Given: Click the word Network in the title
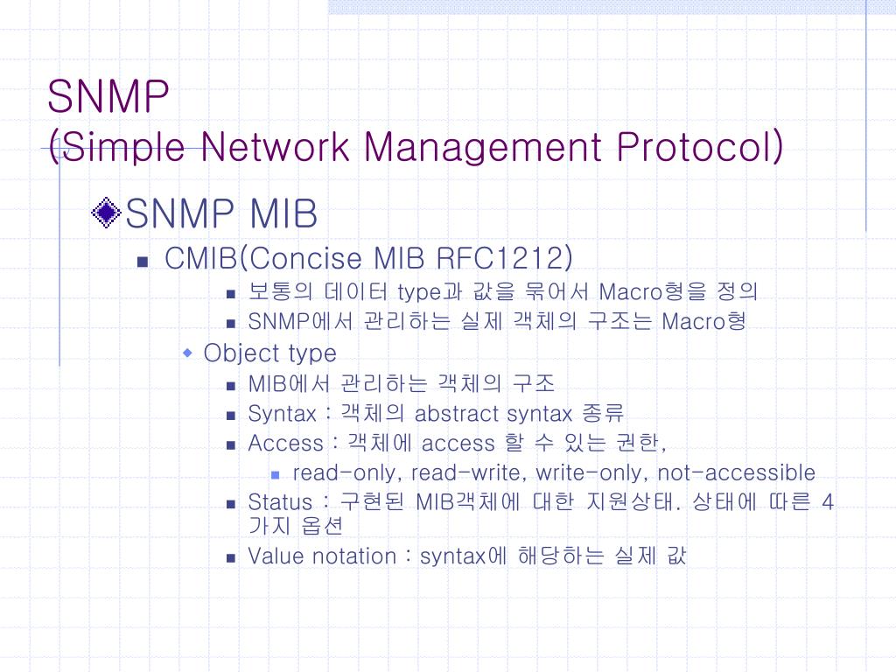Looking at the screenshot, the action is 275,147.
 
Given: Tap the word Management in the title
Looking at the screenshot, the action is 483,148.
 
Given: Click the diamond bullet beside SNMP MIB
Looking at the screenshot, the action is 106,213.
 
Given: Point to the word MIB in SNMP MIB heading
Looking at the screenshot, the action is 283,213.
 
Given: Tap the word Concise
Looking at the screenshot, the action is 305,258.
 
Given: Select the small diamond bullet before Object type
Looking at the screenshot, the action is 187,353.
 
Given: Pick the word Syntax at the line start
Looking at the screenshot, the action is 283,414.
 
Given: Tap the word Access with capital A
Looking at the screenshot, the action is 286,444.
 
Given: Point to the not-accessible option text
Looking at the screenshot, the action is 736,473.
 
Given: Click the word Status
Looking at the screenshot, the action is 280,502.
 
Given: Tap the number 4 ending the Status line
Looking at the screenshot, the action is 828,502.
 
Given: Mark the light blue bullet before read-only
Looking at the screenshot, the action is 275,475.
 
